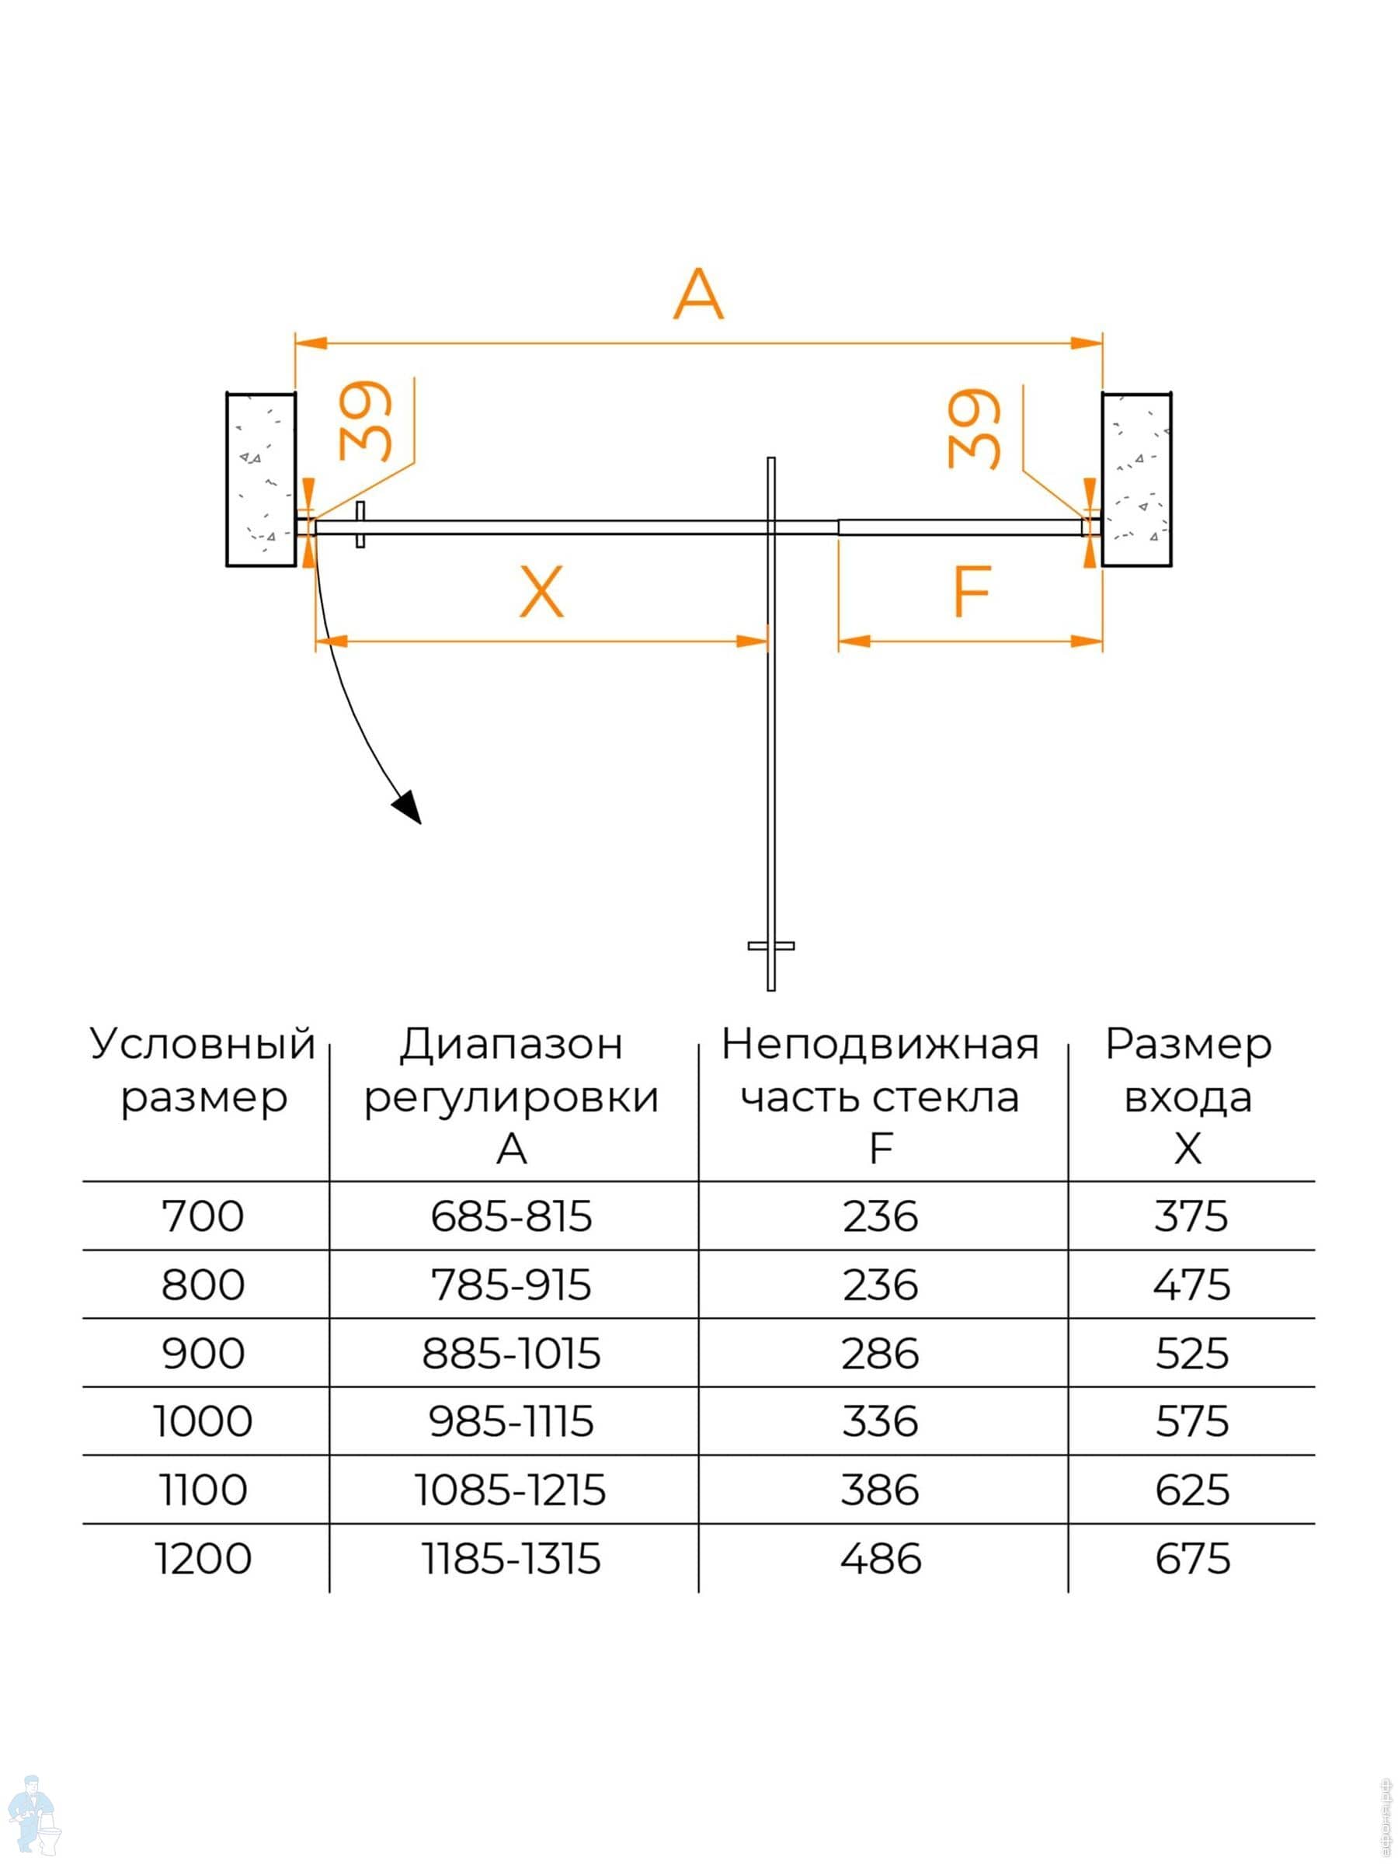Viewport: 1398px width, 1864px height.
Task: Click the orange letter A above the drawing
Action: (697, 294)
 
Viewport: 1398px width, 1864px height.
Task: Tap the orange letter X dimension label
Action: (541, 592)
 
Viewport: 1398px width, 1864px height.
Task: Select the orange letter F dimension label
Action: (971, 592)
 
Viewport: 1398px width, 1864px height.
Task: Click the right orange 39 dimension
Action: (974, 428)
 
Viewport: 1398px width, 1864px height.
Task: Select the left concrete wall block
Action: (260, 478)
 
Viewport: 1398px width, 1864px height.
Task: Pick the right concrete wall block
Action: (1136, 478)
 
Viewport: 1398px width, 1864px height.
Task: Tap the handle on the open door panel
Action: (770, 945)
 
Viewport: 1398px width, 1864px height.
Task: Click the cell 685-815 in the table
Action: (511, 1217)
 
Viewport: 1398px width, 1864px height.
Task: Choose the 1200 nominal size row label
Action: (203, 1559)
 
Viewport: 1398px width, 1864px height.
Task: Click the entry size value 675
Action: (1191, 1559)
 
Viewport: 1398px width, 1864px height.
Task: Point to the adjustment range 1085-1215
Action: (511, 1490)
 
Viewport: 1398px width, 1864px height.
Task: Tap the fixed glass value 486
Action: (880, 1559)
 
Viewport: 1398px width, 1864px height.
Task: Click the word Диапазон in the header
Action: (511, 1045)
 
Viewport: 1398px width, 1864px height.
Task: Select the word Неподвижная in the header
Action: (880, 1045)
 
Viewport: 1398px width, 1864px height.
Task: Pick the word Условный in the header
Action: (203, 1045)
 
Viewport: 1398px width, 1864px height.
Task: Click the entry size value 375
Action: (1191, 1217)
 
